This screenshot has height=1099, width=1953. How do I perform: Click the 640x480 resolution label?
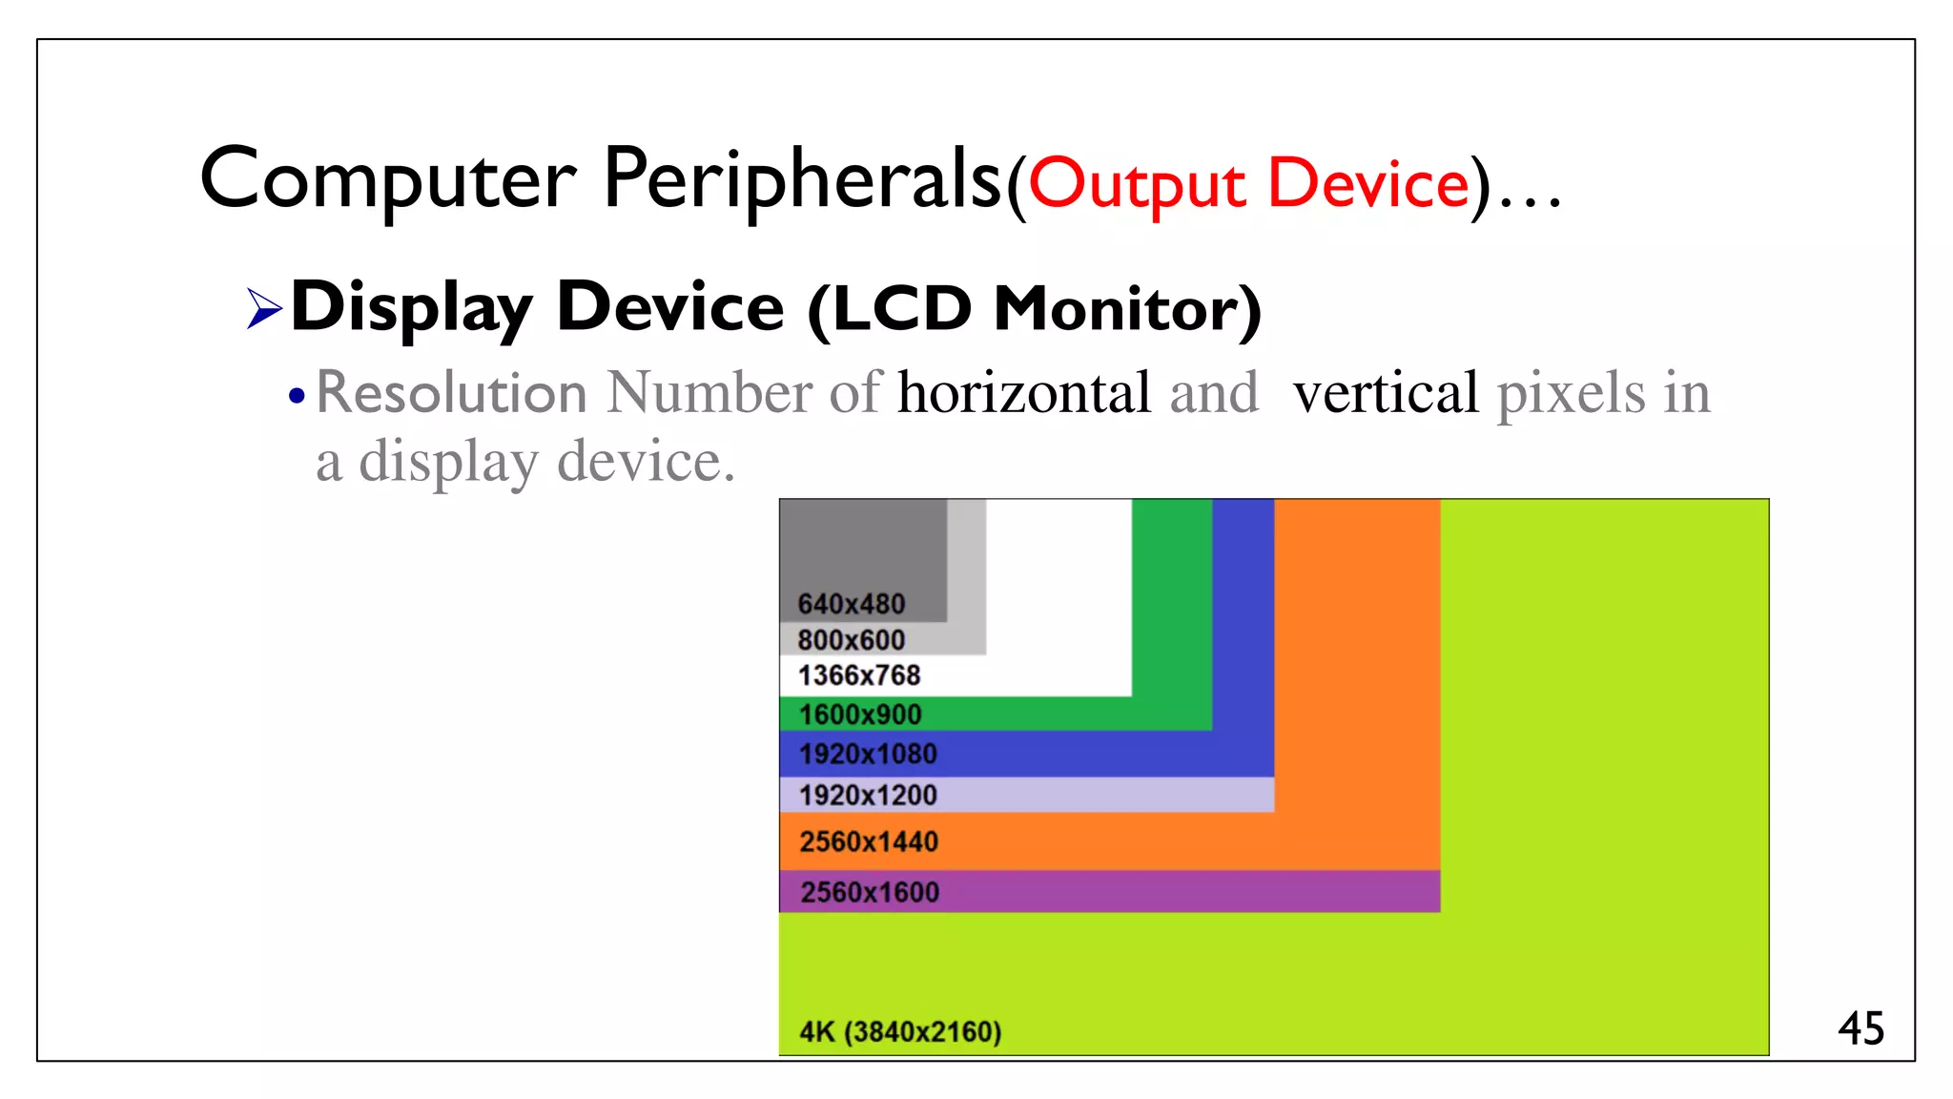coord(851,604)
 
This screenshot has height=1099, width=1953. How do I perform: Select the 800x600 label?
coord(851,639)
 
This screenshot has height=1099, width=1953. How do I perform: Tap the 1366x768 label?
coord(859,675)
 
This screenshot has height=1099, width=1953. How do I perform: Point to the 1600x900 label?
coord(860,715)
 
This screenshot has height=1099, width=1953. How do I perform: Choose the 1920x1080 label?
coord(868,754)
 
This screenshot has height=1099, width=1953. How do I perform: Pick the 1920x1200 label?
coord(868,795)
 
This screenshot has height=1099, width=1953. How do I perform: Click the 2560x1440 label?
coord(869,841)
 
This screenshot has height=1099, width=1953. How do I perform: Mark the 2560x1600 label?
coord(870,892)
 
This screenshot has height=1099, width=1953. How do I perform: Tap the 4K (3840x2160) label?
coord(900,1031)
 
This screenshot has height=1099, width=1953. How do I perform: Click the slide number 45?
coord(1860,1028)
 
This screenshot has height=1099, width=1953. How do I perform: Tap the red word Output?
coord(1137,184)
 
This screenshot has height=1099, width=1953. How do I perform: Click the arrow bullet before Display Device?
coord(264,308)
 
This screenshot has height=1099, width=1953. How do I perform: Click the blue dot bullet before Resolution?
coord(298,396)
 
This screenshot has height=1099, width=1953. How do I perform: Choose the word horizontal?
coord(1024,392)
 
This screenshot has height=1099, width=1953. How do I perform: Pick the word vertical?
coord(1385,392)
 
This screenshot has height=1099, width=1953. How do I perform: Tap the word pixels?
coord(1571,394)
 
